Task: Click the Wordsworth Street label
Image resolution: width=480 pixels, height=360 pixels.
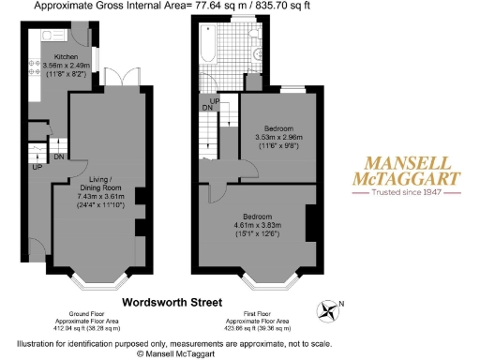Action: (x=177, y=302)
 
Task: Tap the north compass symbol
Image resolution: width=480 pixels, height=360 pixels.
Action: (x=330, y=307)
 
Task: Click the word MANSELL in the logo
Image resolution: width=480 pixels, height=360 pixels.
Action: (x=405, y=161)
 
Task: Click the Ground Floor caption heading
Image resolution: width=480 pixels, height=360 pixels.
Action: (x=92, y=313)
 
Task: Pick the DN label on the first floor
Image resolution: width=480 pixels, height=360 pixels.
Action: (x=206, y=108)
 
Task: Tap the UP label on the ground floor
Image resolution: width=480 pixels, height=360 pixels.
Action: (x=37, y=168)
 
